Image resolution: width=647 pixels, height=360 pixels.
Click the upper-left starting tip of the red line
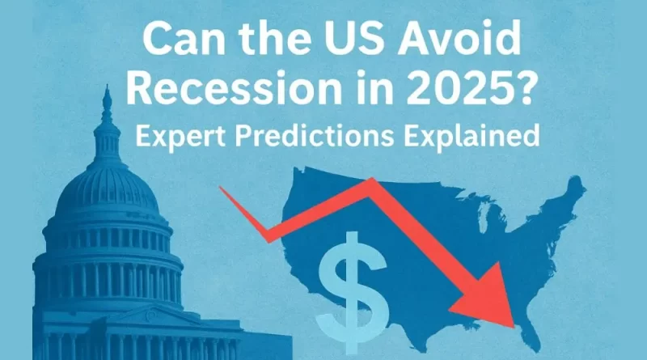(x=222, y=189)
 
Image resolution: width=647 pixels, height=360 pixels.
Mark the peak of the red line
(x=371, y=183)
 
